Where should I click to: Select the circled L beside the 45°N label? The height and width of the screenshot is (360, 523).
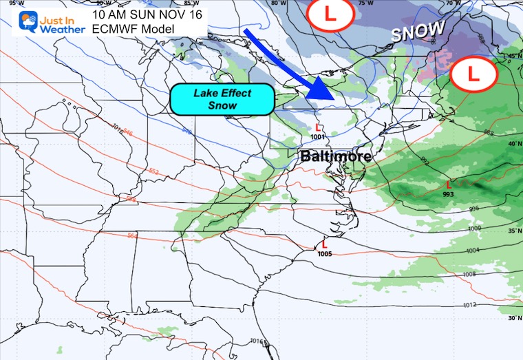pyautogui.click(x=473, y=71)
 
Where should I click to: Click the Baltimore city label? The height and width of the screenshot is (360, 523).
pyautogui.click(x=336, y=156)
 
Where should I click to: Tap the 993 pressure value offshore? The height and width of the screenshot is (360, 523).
pyautogui.click(x=449, y=194)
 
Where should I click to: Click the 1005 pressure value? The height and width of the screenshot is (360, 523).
pyautogui.click(x=325, y=253)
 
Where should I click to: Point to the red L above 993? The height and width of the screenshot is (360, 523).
pyautogui.click(x=449, y=184)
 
